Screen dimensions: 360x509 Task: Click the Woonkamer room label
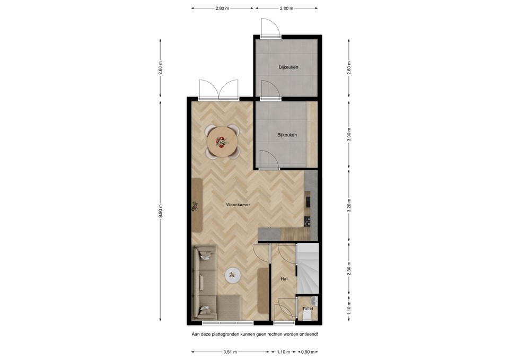[x=238, y=204]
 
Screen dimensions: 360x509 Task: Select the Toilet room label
[x=308, y=308]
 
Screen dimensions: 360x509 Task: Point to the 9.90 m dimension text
[x=161, y=210]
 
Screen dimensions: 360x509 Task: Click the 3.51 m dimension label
[x=230, y=351]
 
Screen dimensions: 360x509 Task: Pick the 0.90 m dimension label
[x=308, y=351]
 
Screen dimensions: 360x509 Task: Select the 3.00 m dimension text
[x=348, y=133]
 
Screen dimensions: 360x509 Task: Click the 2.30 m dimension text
[x=348, y=267]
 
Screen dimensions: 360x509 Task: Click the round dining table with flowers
[x=222, y=142]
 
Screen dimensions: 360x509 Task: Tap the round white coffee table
[x=233, y=275]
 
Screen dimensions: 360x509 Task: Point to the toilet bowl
[x=307, y=316]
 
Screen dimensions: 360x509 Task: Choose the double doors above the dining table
[x=218, y=90]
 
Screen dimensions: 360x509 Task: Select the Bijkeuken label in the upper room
[x=289, y=67]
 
